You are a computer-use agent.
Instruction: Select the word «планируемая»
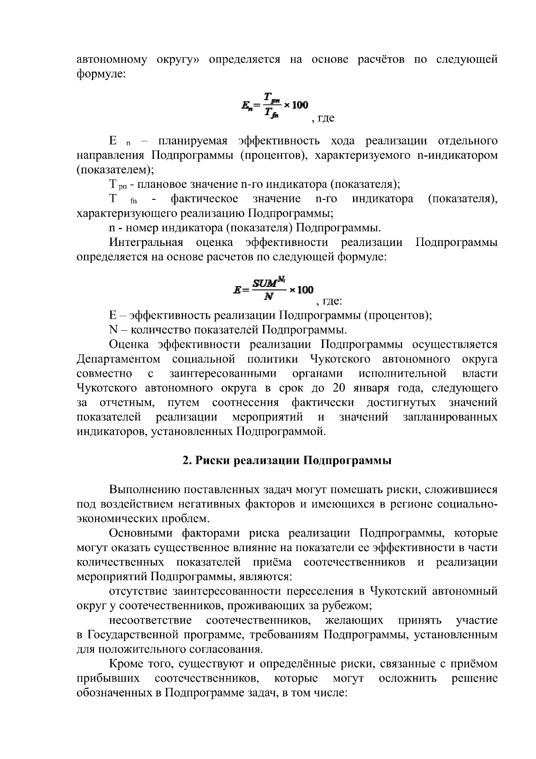193,141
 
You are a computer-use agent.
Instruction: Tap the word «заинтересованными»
222,373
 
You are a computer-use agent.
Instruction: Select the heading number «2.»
188,460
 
